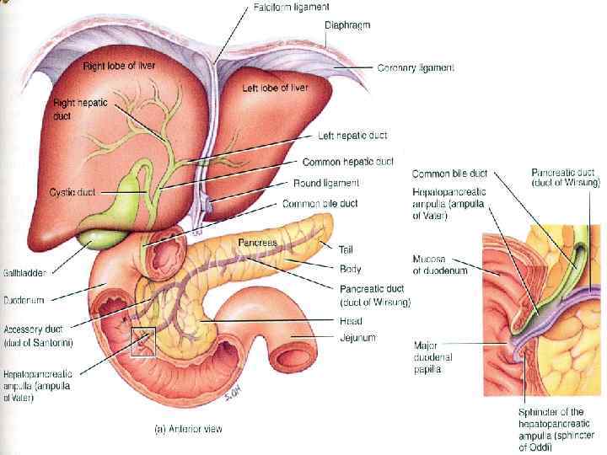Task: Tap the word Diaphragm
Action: point(346,26)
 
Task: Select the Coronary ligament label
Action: point(416,67)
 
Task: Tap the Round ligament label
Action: point(326,182)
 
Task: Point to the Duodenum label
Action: point(24,298)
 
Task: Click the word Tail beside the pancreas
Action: point(346,249)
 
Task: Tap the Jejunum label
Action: point(357,337)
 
